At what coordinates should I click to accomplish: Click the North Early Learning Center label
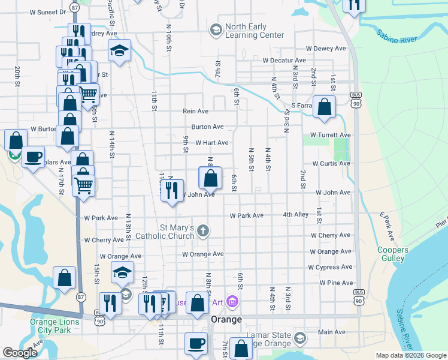[255, 31]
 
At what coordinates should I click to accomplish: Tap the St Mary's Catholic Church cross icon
[204, 230]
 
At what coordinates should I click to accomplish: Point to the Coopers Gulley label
[393, 254]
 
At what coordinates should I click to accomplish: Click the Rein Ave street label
[195, 111]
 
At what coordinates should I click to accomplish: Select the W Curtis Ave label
[331, 163]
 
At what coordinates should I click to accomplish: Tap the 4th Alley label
[296, 214]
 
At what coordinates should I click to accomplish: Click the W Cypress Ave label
[330, 267]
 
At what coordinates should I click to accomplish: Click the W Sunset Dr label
[43, 12]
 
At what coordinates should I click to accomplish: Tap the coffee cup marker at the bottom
[196, 343]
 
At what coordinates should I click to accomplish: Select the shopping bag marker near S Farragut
[324, 107]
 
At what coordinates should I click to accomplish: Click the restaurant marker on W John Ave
[172, 190]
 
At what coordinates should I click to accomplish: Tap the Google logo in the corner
[20, 353]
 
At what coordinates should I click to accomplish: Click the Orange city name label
[226, 319]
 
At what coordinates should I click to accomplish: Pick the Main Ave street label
[332, 332]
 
